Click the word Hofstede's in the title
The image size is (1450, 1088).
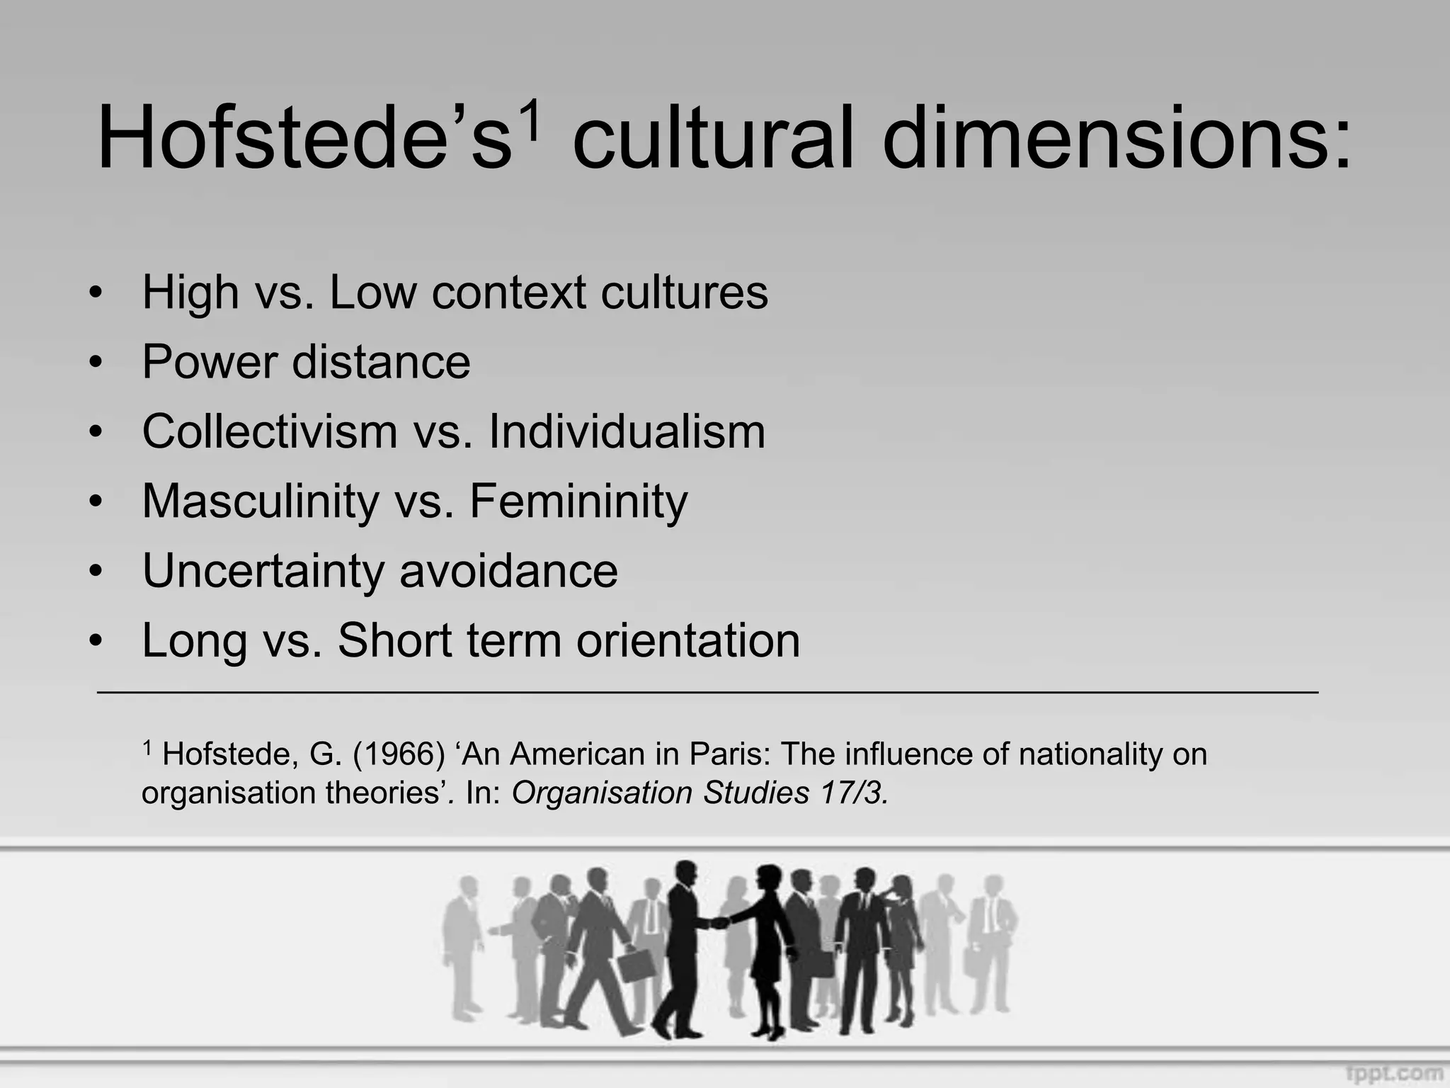[x=304, y=138]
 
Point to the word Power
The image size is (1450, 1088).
[x=209, y=362]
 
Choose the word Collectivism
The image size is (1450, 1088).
[x=270, y=431]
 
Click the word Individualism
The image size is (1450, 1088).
[x=627, y=431]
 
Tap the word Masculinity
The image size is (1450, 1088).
[x=261, y=501]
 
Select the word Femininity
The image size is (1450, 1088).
[x=578, y=501]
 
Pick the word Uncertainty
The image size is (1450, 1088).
[x=263, y=570]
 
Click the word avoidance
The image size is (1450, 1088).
[x=508, y=570]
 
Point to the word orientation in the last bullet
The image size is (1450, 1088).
[x=688, y=640]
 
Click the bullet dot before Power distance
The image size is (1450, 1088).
[x=96, y=363]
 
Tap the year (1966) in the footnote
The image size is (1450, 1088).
[x=399, y=754]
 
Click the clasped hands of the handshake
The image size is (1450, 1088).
[x=719, y=923]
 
